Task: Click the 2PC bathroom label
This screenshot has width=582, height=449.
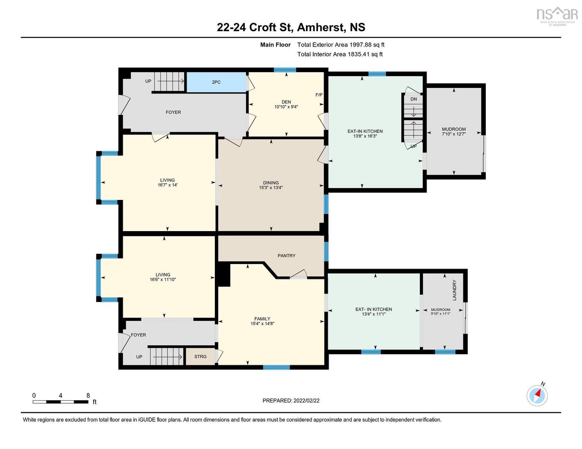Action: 216,82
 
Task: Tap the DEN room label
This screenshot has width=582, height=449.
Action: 286,102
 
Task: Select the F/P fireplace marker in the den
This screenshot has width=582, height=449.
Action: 319,95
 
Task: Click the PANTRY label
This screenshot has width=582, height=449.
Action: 286,255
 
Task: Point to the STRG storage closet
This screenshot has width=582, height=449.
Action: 200,356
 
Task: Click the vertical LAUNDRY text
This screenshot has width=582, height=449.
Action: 454,290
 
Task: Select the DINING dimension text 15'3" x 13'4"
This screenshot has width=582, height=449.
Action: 270,188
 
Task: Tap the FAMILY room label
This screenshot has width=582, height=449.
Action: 262,319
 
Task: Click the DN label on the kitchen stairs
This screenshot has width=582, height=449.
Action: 413,99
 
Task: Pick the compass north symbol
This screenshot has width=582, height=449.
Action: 537,395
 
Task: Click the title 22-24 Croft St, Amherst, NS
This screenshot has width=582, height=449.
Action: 291,27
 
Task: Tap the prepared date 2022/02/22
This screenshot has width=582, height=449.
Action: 306,401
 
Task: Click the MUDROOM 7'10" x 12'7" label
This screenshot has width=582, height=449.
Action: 454,132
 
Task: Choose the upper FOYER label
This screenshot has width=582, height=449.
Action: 173,112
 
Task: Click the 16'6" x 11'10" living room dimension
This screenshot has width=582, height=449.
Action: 163,280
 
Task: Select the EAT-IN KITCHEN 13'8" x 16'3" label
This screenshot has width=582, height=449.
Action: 365,134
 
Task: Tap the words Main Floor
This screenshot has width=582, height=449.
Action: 275,44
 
